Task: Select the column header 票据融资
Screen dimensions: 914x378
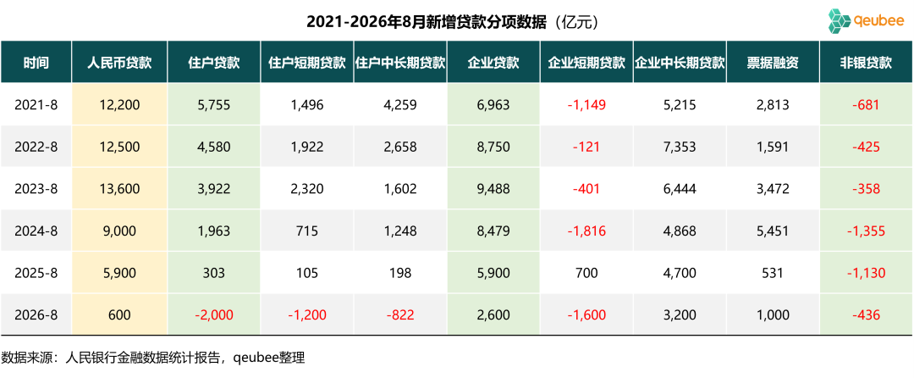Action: pos(772,63)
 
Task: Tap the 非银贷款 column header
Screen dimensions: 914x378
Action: pos(867,63)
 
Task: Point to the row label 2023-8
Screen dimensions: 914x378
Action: pos(36,189)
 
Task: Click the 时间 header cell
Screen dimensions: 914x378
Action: pos(36,63)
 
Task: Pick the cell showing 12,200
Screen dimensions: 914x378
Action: pos(120,105)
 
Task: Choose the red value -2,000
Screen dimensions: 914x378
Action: pos(214,315)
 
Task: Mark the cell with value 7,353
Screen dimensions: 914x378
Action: pos(679,147)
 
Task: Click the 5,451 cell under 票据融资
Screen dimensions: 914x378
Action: pos(772,231)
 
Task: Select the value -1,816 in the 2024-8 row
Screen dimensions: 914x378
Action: pos(586,231)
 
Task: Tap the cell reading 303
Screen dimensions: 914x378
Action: pos(214,273)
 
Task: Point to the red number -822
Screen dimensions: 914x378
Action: pos(399,315)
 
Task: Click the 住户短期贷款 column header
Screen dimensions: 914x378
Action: pos(306,63)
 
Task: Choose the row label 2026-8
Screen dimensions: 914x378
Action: pos(36,315)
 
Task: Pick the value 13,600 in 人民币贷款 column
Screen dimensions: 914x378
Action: pos(120,189)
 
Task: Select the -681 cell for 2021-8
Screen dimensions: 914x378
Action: pos(867,105)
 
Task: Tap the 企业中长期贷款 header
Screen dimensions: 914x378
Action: pos(679,63)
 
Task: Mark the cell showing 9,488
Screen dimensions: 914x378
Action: pos(493,189)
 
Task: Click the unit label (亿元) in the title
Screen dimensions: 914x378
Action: pos(575,23)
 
